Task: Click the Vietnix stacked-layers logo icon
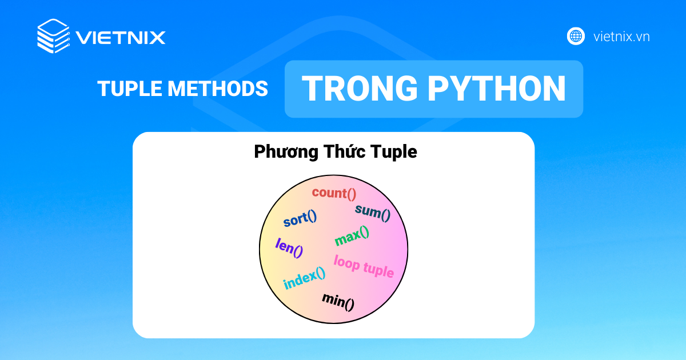[53, 37]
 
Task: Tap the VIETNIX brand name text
[121, 38]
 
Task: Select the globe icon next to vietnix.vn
[576, 37]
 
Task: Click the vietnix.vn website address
[621, 37]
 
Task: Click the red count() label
[334, 193]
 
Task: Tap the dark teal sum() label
[373, 213]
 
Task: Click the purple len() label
[289, 247]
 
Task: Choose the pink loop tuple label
[364, 266]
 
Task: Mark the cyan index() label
[304, 278]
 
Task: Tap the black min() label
[338, 301]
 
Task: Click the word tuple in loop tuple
[378, 270]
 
